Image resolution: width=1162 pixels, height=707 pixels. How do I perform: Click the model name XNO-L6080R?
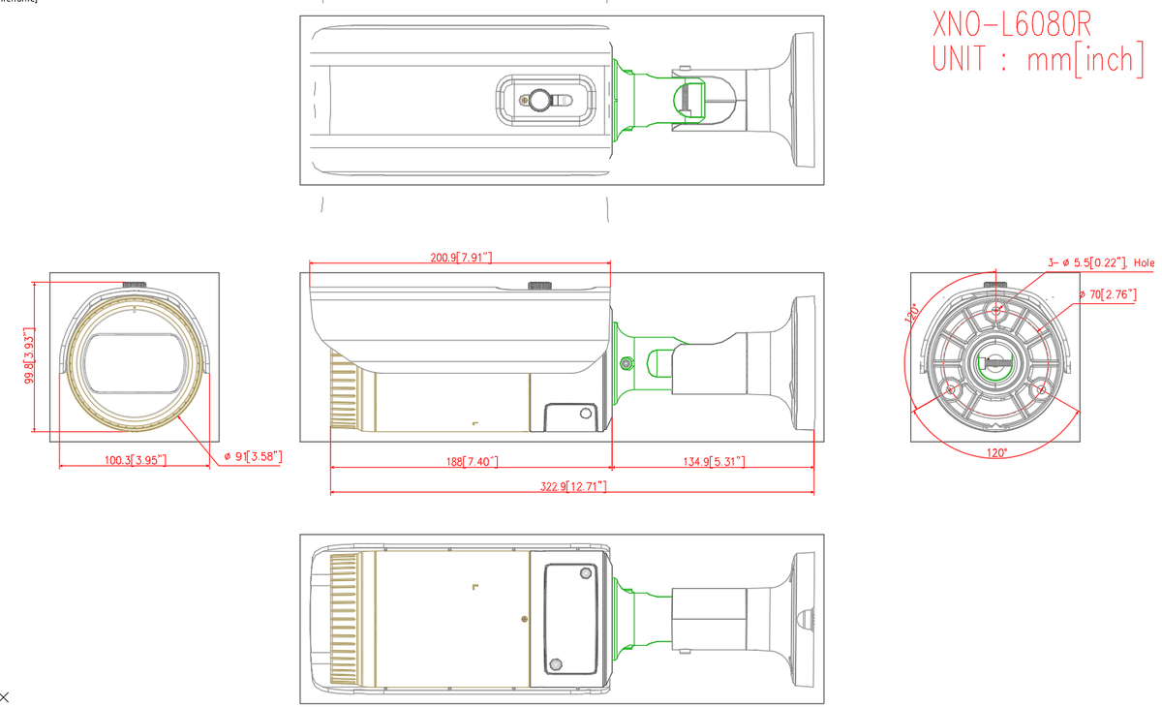pos(1011,23)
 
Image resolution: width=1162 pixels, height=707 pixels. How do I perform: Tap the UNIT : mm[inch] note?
pos(1037,59)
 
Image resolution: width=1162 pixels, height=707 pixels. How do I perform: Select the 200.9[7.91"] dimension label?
pos(461,257)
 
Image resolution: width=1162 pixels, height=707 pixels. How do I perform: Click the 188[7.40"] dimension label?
pos(473,461)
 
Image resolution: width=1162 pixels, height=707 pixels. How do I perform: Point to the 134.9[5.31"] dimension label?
pos(713,461)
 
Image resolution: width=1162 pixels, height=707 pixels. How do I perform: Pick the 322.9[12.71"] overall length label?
pos(573,485)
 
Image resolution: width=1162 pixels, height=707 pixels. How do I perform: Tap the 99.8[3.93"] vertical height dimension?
pos(31,359)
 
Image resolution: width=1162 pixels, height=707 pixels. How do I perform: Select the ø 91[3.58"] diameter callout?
pos(253,456)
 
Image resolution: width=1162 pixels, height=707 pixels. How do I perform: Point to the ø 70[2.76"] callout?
pos(1108,294)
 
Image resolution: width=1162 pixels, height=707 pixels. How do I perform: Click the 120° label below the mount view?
pos(996,452)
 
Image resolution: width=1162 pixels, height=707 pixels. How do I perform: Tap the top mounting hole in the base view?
pos(995,311)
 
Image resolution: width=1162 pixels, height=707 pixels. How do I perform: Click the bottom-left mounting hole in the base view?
pos(950,390)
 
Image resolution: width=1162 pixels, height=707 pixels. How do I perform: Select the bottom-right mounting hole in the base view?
pos(1041,390)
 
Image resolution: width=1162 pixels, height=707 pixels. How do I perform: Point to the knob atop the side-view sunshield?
pos(539,286)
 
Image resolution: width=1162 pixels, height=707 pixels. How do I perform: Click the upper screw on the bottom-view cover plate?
pos(585,573)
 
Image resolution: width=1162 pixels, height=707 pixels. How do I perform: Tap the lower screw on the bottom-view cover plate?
pos(556,664)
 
